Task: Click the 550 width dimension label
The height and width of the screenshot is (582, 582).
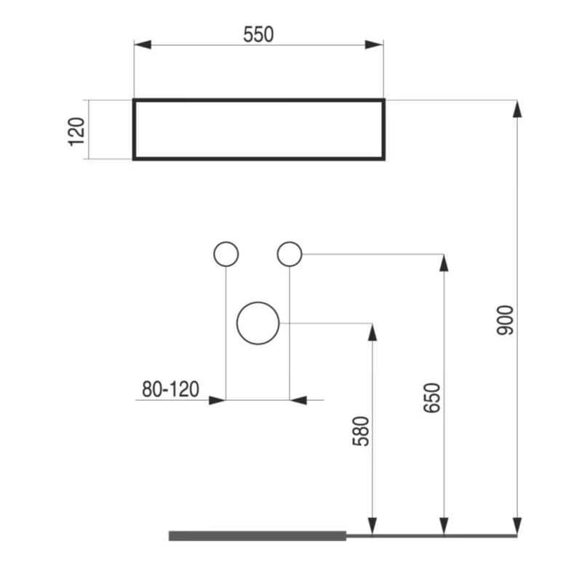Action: point(258,34)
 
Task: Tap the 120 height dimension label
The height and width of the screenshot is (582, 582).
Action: point(77,132)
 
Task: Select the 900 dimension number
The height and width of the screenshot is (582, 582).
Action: point(505,320)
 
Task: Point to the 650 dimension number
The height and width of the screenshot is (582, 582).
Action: point(432,398)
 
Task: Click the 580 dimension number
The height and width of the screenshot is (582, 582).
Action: point(361,431)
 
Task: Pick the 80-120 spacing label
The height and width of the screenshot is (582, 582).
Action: point(171,389)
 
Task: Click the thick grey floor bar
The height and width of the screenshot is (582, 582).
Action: point(258,535)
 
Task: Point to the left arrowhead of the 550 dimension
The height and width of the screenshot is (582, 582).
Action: point(143,45)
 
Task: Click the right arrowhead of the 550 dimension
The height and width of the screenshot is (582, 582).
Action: point(374,45)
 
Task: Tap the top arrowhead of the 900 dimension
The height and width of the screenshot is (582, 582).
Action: point(517,108)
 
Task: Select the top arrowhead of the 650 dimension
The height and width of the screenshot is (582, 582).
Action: point(444,263)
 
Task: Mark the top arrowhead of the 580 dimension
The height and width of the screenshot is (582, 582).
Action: point(372,332)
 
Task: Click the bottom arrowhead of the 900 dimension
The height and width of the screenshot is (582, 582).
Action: point(517,526)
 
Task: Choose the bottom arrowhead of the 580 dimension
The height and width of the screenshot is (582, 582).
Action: point(372,526)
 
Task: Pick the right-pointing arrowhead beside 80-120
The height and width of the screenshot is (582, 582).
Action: point(218,400)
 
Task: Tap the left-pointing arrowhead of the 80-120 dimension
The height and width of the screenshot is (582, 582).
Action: point(298,400)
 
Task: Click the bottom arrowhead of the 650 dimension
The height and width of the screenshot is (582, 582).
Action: point(444,526)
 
